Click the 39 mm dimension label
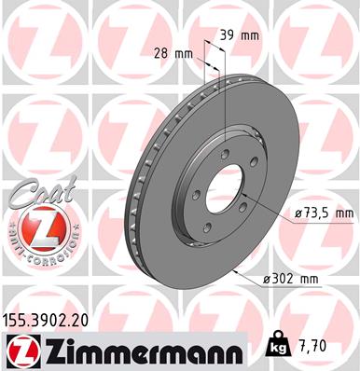pos(240,35)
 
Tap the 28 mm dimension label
pos(173,54)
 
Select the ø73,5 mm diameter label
pos(324,213)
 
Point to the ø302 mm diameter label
pos(291,280)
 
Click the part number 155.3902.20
pos(46,320)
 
